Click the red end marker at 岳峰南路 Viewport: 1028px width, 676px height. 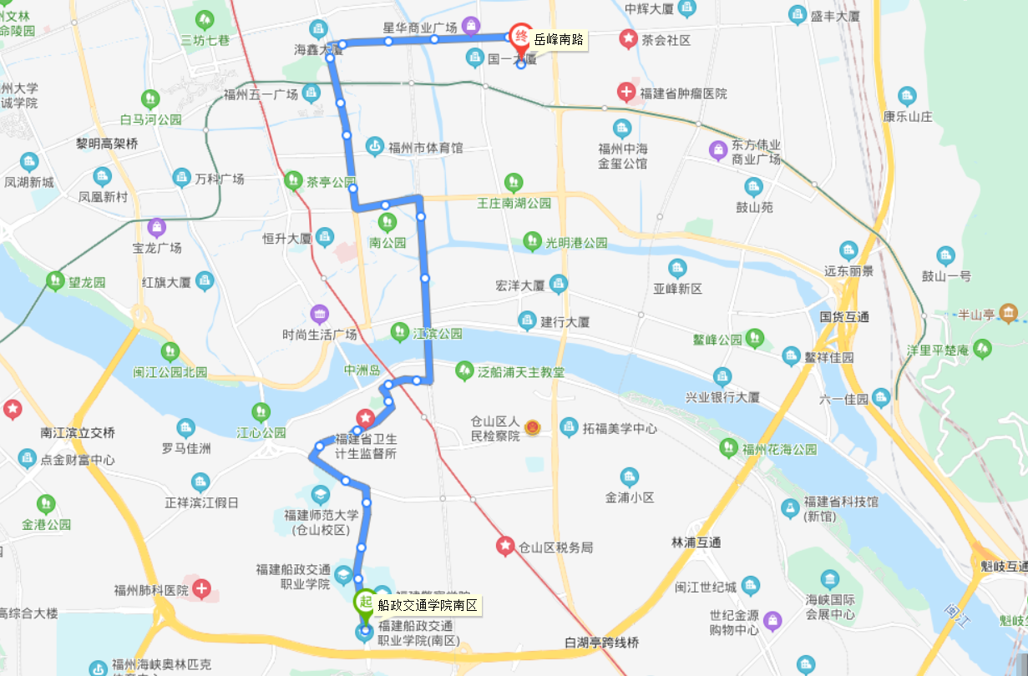[520, 36]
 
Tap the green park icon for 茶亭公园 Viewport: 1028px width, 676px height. [293, 179]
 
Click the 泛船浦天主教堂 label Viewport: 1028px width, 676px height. [520, 371]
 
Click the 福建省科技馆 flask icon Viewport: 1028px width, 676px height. [789, 507]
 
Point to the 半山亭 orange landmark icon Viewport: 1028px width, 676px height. [1009, 314]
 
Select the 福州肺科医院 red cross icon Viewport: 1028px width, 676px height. [201, 589]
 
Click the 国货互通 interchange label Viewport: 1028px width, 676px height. [844, 316]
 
